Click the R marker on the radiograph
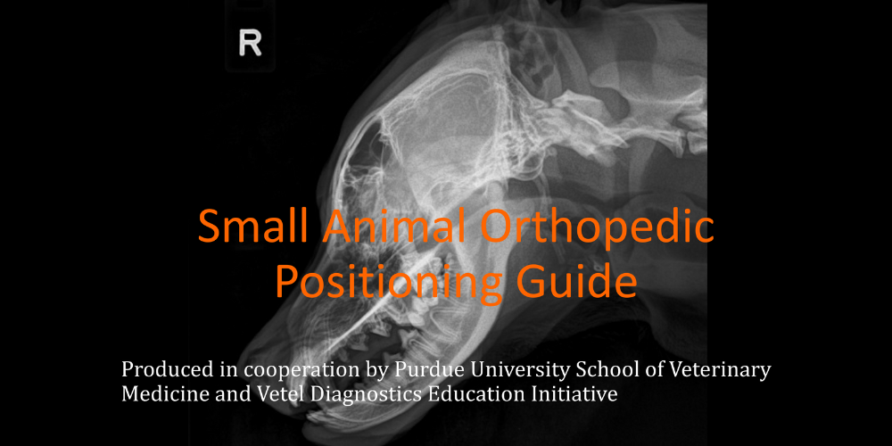(250, 44)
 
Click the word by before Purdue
(377, 371)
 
